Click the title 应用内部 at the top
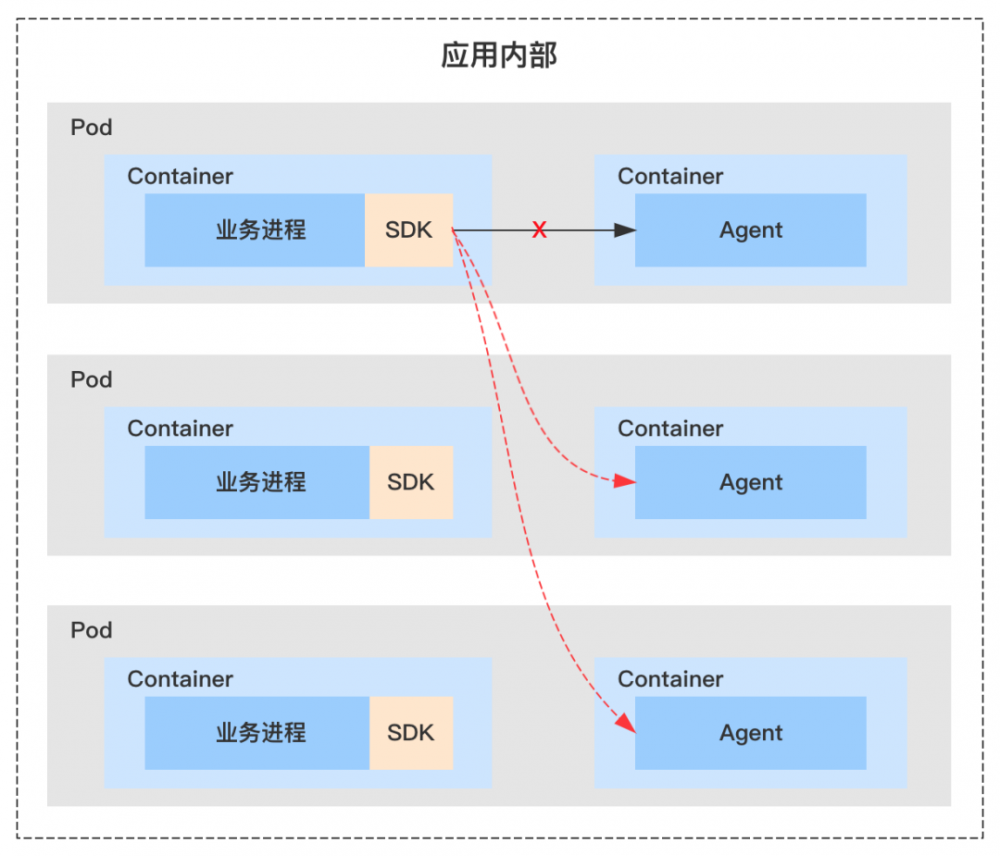(x=499, y=55)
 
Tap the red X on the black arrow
(x=539, y=230)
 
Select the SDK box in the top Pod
(x=409, y=230)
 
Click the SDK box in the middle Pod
(x=411, y=482)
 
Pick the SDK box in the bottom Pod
(x=411, y=733)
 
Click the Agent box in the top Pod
(x=750, y=230)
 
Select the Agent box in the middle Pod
(x=750, y=482)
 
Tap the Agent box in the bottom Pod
(x=750, y=733)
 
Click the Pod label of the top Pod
(x=91, y=128)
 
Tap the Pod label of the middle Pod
(x=91, y=380)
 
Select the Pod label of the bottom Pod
(x=91, y=631)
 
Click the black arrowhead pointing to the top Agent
(x=625, y=230)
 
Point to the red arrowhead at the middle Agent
(x=625, y=482)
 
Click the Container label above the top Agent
(x=670, y=177)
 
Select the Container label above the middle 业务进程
(x=180, y=429)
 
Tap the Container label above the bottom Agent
(x=670, y=680)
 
